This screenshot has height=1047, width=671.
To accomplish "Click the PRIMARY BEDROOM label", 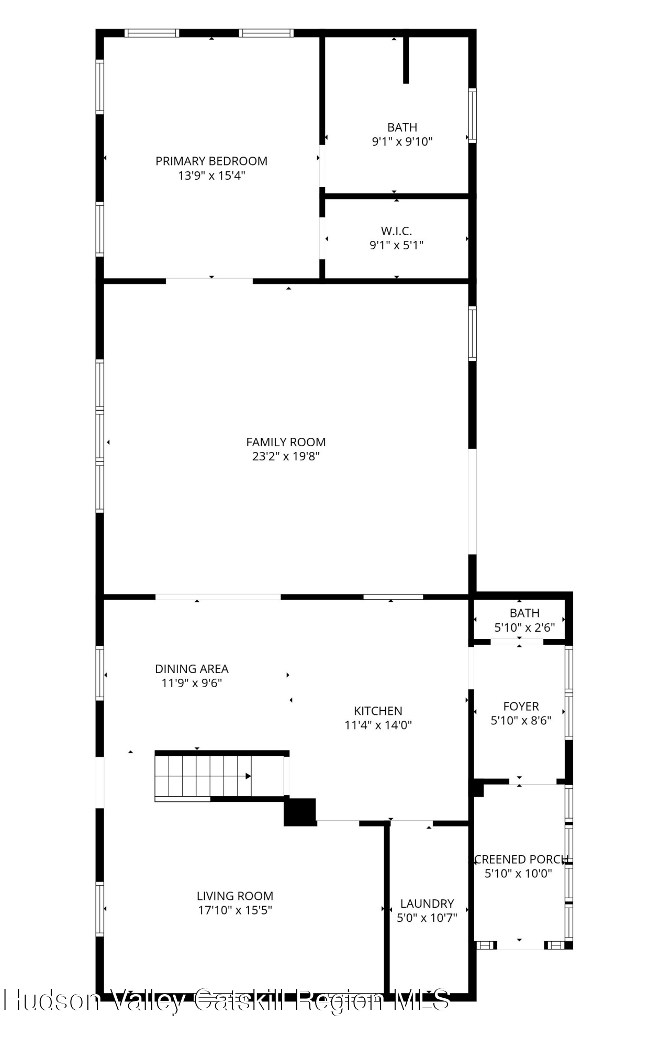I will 211,161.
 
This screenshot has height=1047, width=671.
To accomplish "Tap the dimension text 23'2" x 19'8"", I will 286,456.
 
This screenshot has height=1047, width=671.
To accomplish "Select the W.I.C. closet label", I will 396,230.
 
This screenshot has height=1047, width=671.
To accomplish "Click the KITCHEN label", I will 378,711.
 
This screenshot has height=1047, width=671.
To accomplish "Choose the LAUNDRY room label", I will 427,903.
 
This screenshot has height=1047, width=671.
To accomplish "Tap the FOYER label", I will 521,706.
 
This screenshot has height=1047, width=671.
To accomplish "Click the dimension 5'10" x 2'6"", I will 524,627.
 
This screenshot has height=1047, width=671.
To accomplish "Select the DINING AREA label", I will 192,669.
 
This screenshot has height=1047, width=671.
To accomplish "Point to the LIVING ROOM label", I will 235,896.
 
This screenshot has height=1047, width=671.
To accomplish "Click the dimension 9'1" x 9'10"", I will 402,141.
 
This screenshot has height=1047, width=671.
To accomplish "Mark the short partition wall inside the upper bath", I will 406,60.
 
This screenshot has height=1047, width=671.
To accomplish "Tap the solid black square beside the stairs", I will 300,812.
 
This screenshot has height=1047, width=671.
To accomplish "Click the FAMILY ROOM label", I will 286,442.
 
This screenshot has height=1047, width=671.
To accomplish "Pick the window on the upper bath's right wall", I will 472,115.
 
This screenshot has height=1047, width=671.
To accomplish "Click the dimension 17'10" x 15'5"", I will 235,910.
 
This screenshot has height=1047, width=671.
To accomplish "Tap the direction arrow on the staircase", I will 248,776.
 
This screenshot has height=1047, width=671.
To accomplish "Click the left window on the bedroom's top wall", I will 152,33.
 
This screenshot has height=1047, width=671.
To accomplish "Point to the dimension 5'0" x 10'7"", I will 427,918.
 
